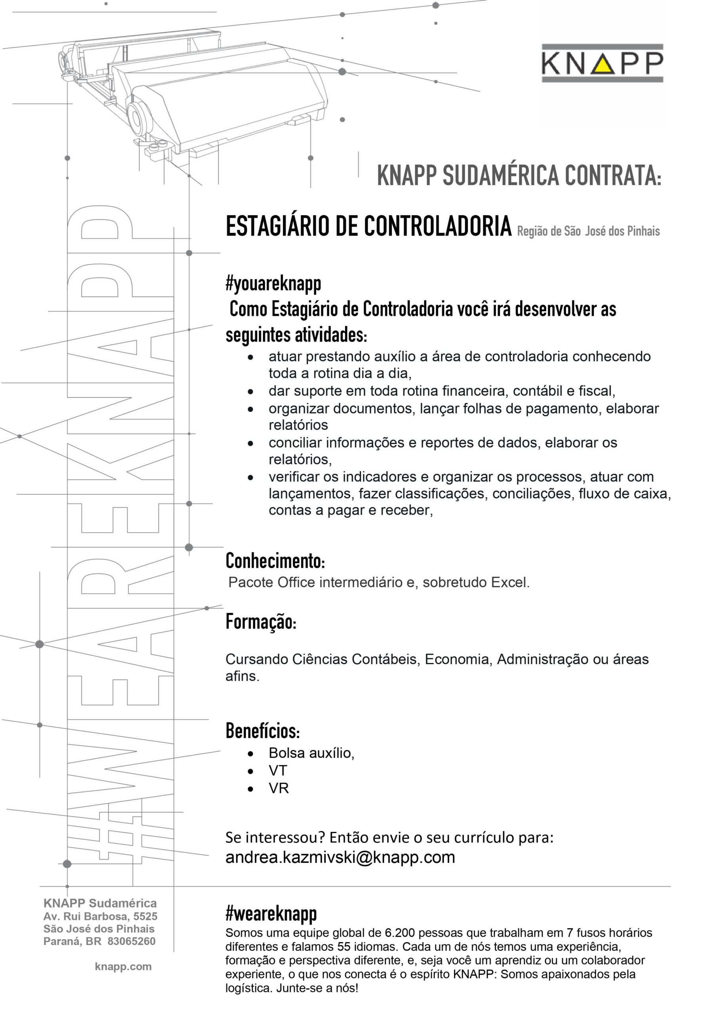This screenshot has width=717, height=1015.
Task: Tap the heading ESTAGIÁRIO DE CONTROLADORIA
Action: (x=368, y=226)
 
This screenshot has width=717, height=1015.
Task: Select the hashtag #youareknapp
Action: (x=273, y=284)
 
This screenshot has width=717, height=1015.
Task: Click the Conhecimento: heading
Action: (x=275, y=561)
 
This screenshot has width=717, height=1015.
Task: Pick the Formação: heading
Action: (x=261, y=622)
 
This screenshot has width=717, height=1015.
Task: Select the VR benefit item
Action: (x=278, y=788)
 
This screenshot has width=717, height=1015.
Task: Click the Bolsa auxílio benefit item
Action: (x=311, y=753)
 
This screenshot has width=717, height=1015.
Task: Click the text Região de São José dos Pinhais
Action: (x=588, y=231)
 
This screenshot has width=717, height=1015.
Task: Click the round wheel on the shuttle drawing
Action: (x=138, y=119)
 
